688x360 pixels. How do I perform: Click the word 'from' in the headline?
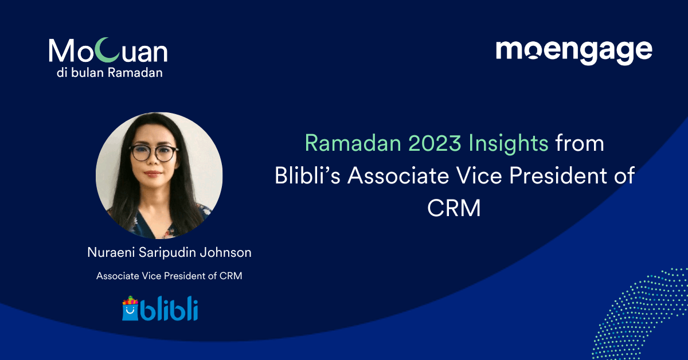coord(580,143)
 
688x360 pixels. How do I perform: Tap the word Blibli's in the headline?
coord(307,176)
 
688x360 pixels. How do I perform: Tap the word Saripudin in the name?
coord(166,252)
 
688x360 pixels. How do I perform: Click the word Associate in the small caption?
coord(118,276)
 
